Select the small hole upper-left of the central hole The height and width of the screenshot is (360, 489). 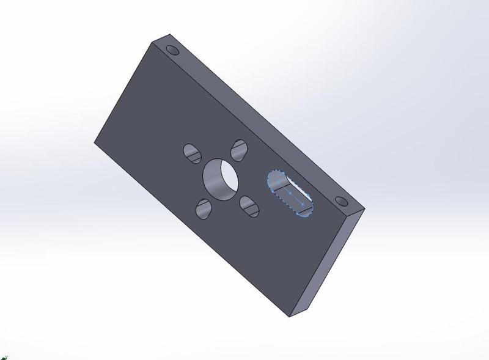193,153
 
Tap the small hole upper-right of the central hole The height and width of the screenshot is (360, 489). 239,149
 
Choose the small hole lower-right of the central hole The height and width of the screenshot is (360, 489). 249,205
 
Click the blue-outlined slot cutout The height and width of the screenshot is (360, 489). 289,192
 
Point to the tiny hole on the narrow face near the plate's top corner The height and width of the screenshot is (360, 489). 172,49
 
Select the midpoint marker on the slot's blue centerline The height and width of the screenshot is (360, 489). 289,191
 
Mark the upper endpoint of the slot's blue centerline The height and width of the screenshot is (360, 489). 278,182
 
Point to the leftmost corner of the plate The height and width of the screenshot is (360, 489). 95,143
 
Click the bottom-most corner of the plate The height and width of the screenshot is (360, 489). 289,317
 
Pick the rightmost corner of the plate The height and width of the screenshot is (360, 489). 365,208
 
